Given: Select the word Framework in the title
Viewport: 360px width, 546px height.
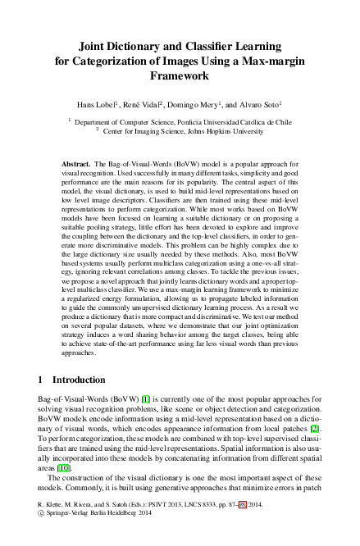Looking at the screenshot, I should [180, 75].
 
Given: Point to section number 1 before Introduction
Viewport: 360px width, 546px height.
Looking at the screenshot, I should [42, 380].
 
